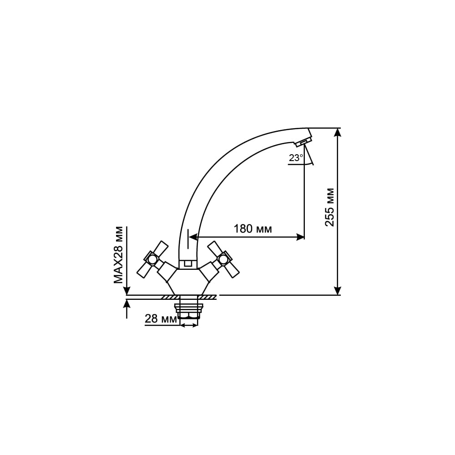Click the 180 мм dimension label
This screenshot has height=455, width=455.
(x=253, y=229)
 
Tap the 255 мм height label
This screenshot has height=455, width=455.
(x=329, y=207)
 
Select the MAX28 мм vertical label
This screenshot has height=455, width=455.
(x=118, y=255)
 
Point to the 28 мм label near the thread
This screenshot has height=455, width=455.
(x=161, y=319)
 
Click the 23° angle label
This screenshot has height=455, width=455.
(x=296, y=158)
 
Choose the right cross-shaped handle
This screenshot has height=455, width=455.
(x=223, y=259)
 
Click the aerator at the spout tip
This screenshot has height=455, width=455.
(x=303, y=142)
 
